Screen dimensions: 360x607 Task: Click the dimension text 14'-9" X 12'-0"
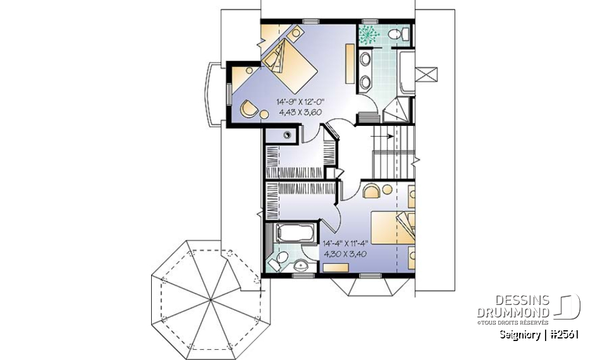click(300, 101)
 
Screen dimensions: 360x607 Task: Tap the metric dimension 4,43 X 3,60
click(300, 112)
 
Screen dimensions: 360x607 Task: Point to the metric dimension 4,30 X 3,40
click(345, 252)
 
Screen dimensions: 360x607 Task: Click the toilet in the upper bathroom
click(398, 34)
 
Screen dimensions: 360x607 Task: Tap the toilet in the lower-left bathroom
click(278, 261)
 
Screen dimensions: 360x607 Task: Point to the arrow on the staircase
click(383, 135)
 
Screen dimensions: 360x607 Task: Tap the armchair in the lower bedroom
click(372, 190)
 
